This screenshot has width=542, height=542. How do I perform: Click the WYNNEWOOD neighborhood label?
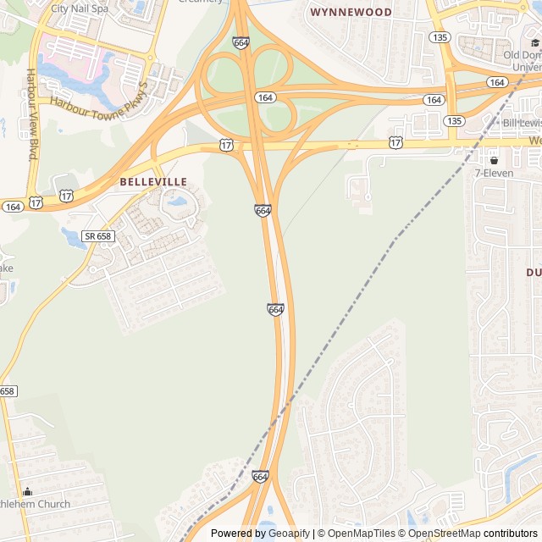[351, 13]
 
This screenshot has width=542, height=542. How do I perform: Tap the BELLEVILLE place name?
[153, 181]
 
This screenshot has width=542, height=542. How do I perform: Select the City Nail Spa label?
[80, 8]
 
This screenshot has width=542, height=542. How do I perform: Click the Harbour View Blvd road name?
[32, 114]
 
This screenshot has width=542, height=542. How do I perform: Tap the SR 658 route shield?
[98, 236]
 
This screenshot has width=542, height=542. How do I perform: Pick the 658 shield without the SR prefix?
[7, 390]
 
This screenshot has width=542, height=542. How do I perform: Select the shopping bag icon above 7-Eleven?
[494, 160]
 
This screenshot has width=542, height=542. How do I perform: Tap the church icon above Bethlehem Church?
[27, 491]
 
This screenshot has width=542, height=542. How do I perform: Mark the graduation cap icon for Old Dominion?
[534, 43]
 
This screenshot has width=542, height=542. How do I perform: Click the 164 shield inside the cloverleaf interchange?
[265, 97]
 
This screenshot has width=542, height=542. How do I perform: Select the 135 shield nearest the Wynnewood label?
[439, 37]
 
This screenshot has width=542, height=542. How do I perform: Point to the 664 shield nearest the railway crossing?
[260, 477]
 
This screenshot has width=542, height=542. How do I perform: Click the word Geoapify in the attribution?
[289, 534]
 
